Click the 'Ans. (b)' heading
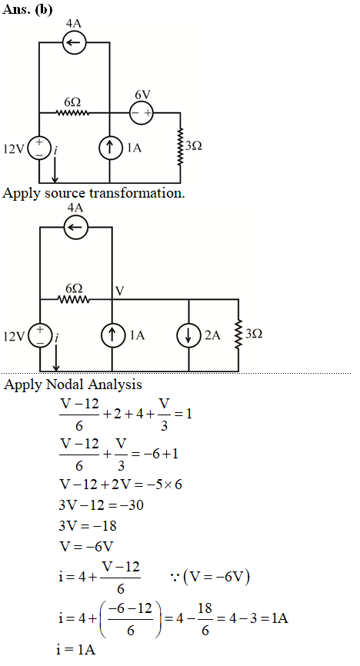[28, 9]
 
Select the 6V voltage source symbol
[141, 113]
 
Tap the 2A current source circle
[188, 335]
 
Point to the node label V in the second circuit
[120, 291]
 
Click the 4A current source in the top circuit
[74, 42]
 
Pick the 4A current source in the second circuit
[75, 227]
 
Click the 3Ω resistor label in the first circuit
[193, 145]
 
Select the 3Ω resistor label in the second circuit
[254, 334]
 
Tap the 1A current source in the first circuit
[110, 148]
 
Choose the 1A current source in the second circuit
[112, 335]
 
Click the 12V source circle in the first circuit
[39, 148]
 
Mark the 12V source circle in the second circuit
[40, 336]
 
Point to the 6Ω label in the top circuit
[72, 102]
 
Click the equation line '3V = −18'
[88, 526]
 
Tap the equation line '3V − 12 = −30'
[102, 505]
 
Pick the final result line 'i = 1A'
[75, 649]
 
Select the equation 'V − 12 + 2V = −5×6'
[121, 485]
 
